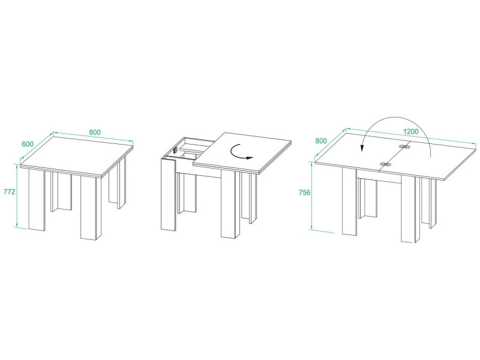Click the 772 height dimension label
click(9, 192)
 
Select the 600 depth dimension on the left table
click(28, 144)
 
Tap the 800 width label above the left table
click(95, 132)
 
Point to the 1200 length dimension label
click(411, 131)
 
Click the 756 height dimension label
click(305, 193)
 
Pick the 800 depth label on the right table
click(321, 141)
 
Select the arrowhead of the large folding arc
click(362, 148)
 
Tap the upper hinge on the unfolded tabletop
click(404, 146)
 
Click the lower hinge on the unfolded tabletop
click(385, 164)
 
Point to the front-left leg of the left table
click(37, 199)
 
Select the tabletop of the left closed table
click(77, 157)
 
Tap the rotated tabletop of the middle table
click(242, 152)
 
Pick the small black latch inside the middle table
click(176, 151)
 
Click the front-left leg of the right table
click(350, 202)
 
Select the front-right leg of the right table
click(410, 209)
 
